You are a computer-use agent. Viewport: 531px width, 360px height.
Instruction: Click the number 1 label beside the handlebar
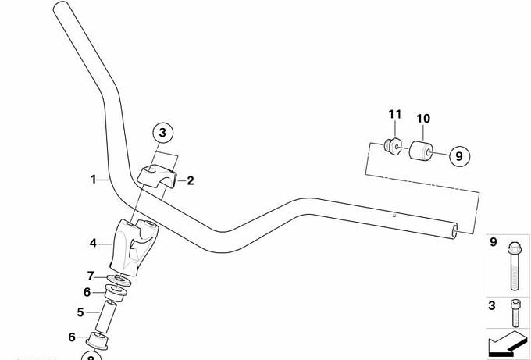pos(94,179)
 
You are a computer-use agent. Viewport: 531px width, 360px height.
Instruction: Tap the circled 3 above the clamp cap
pos(162,134)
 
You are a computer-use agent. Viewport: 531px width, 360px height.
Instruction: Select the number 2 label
pos(190,180)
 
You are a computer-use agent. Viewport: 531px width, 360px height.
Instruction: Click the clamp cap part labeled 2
pos(159,176)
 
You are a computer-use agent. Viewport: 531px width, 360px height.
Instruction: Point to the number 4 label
pos(93,244)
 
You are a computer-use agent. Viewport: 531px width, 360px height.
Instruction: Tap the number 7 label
pos(91,276)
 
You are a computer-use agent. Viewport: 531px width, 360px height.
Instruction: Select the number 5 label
pos(80,312)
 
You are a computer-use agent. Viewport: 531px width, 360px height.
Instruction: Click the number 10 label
pos(422,119)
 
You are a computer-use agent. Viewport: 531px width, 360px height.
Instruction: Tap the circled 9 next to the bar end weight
pos(458,155)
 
